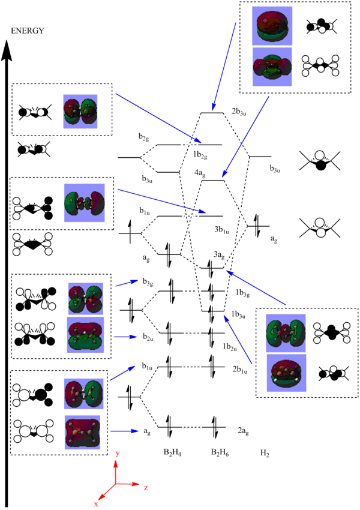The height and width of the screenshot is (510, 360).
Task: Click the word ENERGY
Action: coord(27,31)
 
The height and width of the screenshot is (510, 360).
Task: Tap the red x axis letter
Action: coord(95,505)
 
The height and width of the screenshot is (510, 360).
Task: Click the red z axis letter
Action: coord(146,488)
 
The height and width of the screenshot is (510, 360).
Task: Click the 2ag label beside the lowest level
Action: coord(242,430)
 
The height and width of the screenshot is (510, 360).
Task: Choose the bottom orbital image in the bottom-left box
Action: coord(85,431)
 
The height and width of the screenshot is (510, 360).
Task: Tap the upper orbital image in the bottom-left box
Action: coord(85,394)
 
